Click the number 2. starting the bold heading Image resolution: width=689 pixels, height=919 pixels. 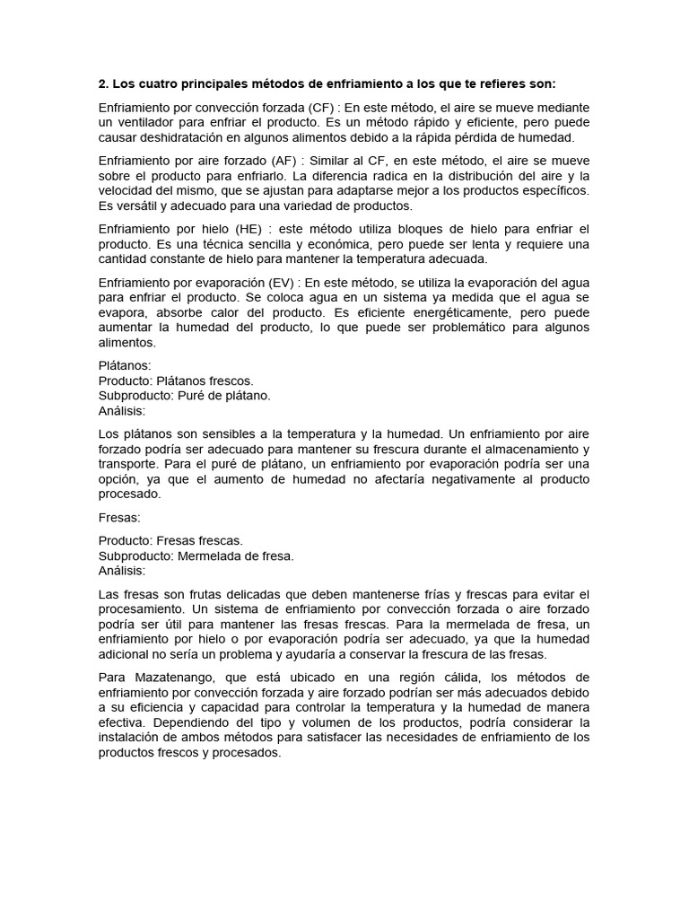pos(103,84)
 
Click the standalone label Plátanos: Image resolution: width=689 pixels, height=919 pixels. pos(125,365)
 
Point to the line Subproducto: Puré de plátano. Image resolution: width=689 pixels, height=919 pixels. pos(184,395)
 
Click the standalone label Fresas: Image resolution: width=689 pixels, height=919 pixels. pos(119,517)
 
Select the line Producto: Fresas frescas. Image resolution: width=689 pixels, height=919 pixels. pos(170,540)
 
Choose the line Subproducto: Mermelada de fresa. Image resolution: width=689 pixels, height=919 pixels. pos(196,556)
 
